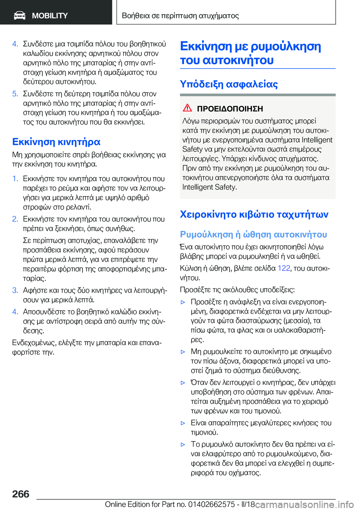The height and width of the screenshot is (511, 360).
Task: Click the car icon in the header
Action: point(19,15)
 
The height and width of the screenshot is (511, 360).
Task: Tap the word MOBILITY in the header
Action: point(50,16)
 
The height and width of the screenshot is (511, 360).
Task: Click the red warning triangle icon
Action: point(187,108)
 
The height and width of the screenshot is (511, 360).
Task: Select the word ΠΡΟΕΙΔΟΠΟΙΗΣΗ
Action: point(230,109)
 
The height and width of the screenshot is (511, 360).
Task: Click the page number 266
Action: point(21,494)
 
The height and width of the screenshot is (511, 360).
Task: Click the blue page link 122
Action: point(283,268)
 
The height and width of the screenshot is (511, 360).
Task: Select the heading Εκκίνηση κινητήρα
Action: point(56,142)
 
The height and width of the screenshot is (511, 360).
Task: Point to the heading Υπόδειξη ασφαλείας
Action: point(229,84)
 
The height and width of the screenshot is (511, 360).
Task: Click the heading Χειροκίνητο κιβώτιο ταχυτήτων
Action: point(254,214)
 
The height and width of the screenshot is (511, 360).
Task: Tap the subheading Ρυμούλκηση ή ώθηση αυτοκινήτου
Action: point(253,234)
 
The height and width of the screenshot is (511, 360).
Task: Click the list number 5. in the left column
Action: point(15,94)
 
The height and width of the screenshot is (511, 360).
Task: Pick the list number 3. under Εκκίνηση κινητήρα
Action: point(15,290)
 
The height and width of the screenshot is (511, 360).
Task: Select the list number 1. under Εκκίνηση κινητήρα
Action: point(15,179)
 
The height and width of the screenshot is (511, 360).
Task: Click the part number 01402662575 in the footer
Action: point(211,504)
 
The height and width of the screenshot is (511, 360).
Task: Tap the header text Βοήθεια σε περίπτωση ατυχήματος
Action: point(180,16)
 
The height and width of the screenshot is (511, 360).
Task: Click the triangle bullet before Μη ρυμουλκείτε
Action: point(183,352)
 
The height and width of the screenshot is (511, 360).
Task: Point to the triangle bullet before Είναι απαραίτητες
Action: point(183,423)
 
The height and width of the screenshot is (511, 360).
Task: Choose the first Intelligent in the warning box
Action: point(317,140)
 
